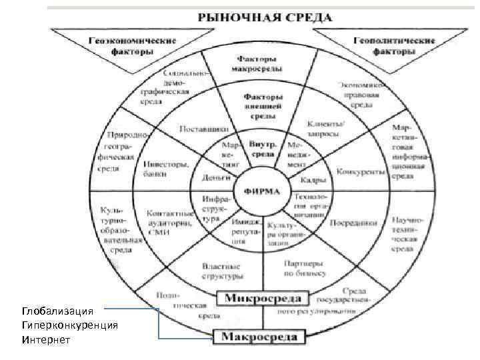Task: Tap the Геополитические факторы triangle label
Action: [x=390, y=45]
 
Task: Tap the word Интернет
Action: [x=45, y=339]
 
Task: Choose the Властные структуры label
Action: [x=223, y=270]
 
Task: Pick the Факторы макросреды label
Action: [x=257, y=64]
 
